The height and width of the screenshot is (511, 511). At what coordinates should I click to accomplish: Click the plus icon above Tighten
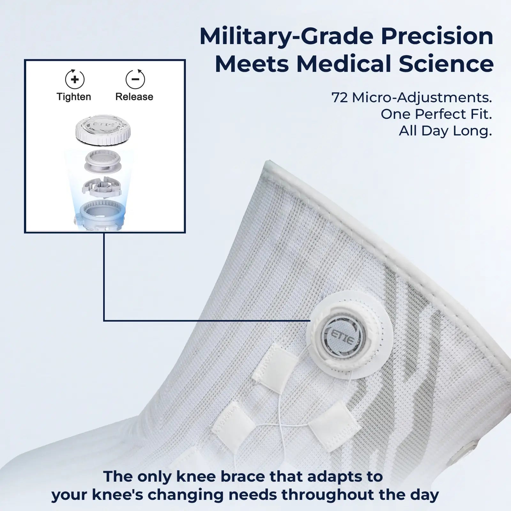75,79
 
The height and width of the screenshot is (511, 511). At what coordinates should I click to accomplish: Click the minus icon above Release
135,79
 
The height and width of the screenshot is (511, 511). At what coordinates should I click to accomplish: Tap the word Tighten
74,97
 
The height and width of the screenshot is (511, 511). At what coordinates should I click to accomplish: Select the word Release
134,97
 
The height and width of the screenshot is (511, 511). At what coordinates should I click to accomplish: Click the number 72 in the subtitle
340,98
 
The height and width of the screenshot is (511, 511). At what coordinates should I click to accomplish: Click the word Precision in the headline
437,37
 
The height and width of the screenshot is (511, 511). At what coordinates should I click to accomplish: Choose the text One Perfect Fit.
436,114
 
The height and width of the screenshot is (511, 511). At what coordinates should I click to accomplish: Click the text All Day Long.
446,131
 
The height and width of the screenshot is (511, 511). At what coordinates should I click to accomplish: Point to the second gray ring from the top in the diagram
103,161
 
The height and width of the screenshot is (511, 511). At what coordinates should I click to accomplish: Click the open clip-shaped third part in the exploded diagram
102,187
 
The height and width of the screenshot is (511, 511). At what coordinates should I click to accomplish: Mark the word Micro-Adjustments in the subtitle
422,98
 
